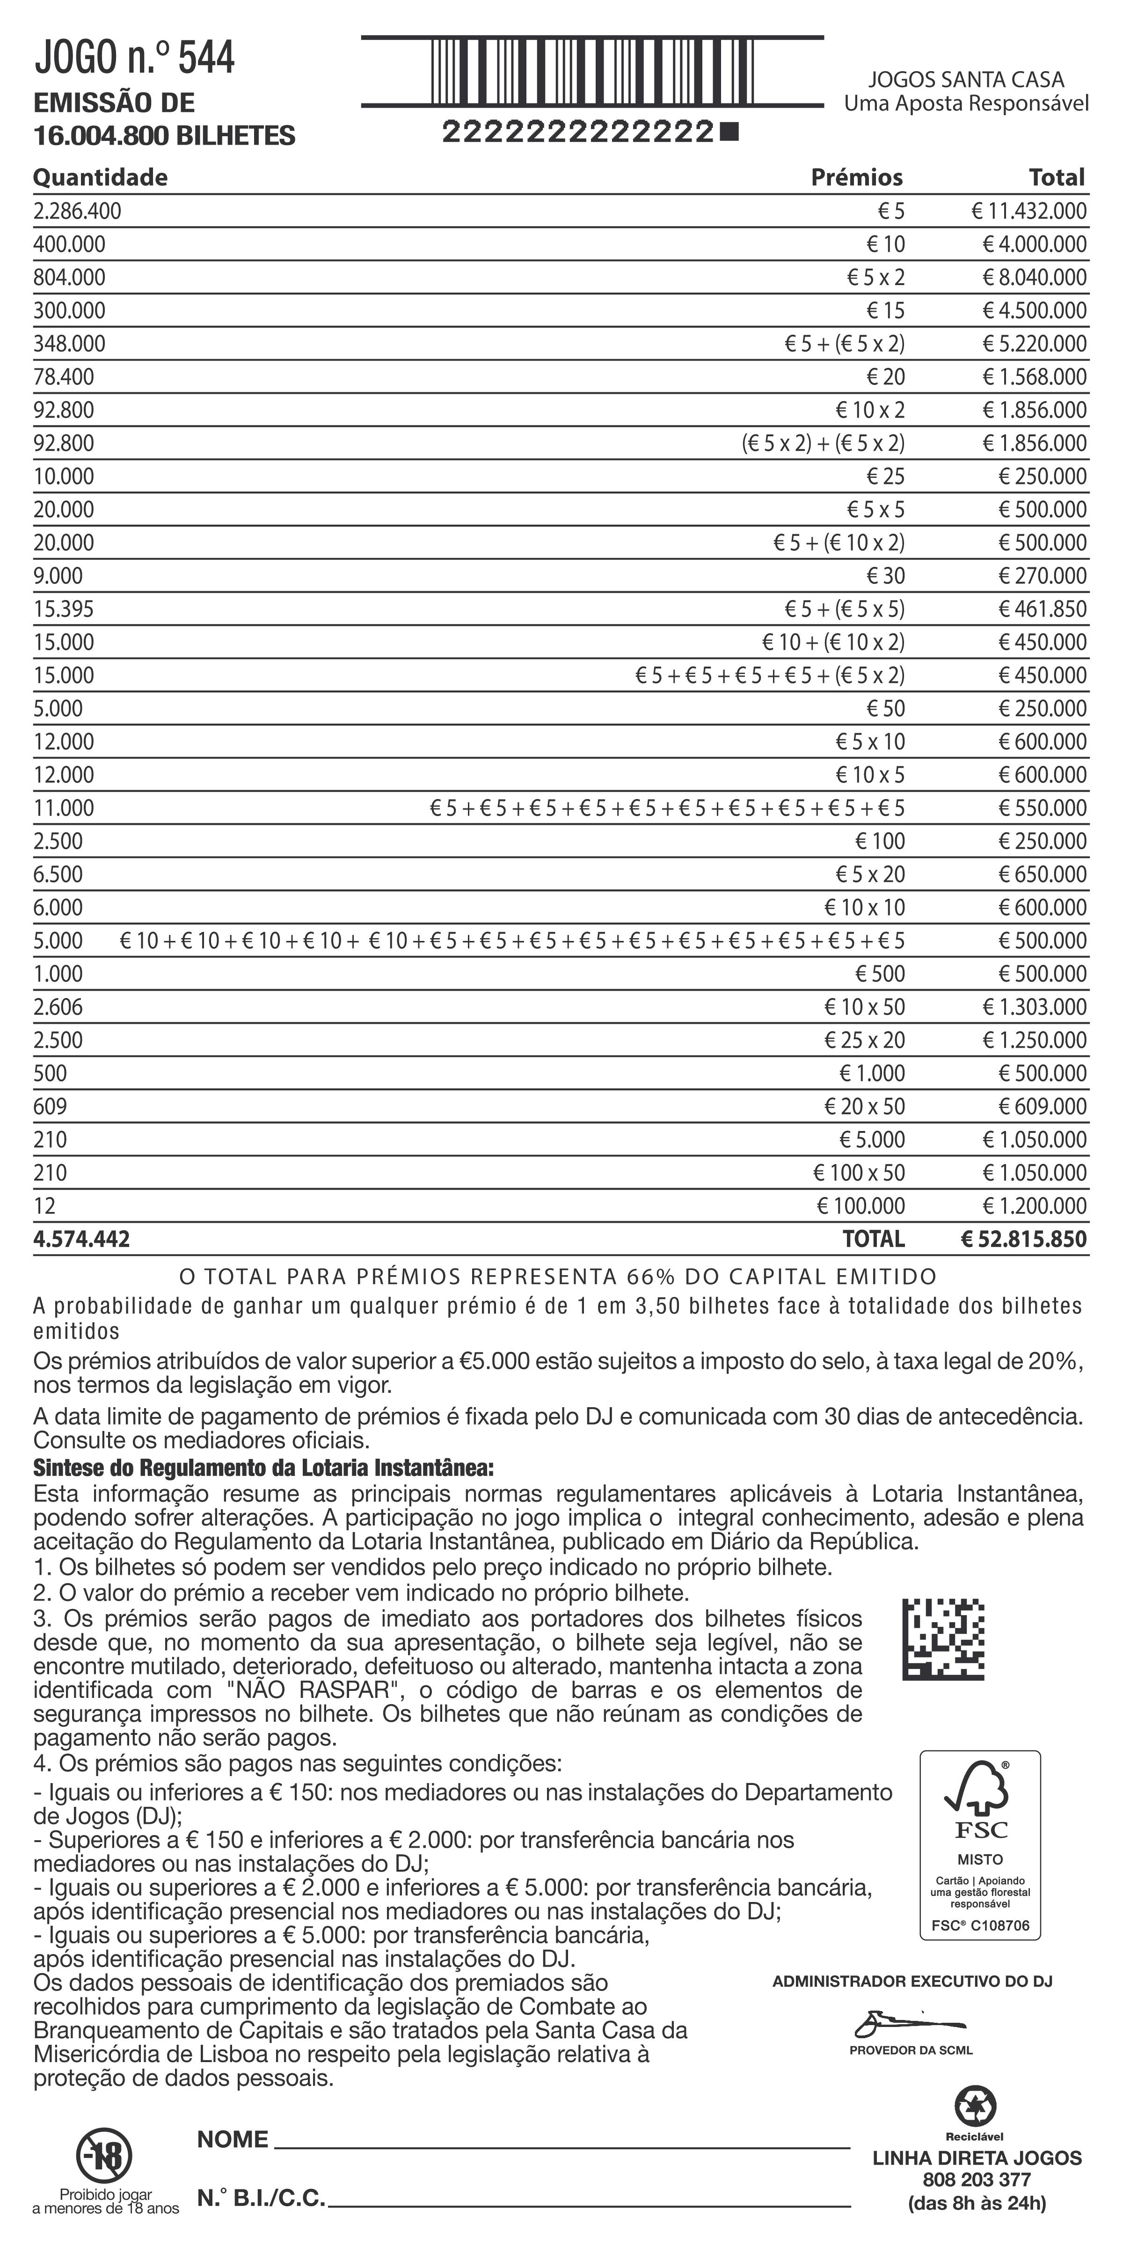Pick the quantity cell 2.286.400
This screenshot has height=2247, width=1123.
pos(78,211)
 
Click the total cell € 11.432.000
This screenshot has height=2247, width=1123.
pos(1029,211)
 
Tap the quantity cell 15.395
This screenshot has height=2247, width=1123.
pos(64,609)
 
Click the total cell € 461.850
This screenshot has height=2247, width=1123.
pos(1042,609)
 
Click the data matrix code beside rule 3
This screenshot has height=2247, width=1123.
pos(943,1640)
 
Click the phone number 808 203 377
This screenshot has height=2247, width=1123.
pos(977,2180)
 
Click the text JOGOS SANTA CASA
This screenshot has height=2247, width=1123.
pos(966,80)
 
